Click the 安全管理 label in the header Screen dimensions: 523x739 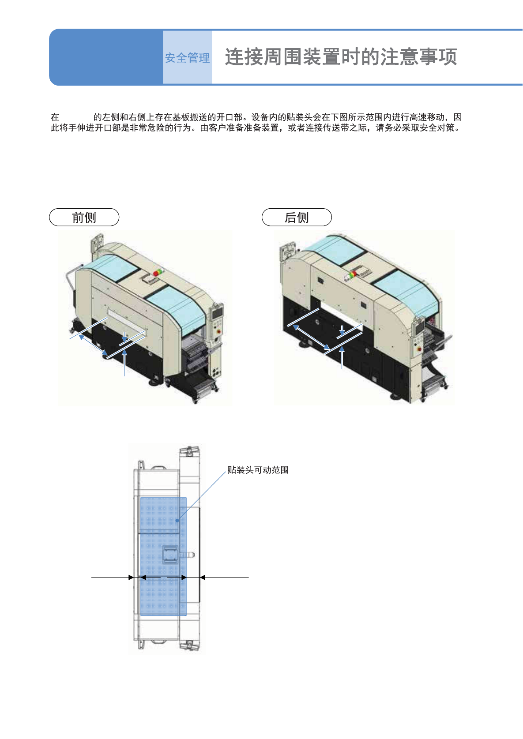pos(187,58)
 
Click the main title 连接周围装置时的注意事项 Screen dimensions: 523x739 pos(341,57)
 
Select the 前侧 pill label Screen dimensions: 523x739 pos(84,218)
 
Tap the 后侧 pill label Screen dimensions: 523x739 pos(297,218)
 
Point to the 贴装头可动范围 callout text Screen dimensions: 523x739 pos(258,470)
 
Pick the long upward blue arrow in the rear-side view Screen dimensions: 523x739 pos(342,358)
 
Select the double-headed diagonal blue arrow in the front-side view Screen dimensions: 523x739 pos(93,345)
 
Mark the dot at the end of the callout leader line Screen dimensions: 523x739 pos(177,521)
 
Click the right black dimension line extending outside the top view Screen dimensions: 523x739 pos(225,577)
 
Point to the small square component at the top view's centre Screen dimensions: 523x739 pos(170,555)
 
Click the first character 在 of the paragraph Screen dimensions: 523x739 pos(55,117)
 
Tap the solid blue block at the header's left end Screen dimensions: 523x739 pos(106,57)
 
